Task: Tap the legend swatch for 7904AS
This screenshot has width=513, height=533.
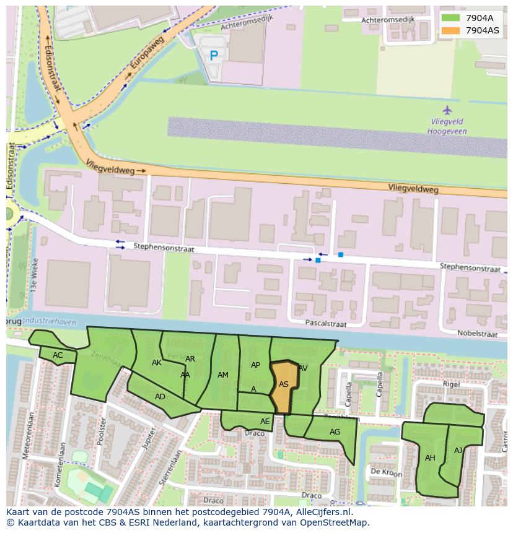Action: (450, 30)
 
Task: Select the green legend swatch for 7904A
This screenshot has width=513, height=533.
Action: (450, 18)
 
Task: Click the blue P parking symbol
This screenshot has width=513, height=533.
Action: (214, 56)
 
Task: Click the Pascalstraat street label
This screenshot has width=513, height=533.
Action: (325, 323)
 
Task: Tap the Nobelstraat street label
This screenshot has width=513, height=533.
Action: (477, 334)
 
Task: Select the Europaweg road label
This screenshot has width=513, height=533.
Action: (147, 53)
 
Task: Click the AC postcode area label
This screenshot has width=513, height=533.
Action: (58, 355)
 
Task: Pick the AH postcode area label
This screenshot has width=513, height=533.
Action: (430, 458)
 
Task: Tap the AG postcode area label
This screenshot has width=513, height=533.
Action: (335, 432)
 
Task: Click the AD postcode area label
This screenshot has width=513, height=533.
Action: (160, 397)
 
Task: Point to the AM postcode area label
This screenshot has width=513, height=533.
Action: (223, 375)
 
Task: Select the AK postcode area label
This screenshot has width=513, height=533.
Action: (157, 363)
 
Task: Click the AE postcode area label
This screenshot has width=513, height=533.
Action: (265, 422)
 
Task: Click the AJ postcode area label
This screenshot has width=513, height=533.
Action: (458, 451)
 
